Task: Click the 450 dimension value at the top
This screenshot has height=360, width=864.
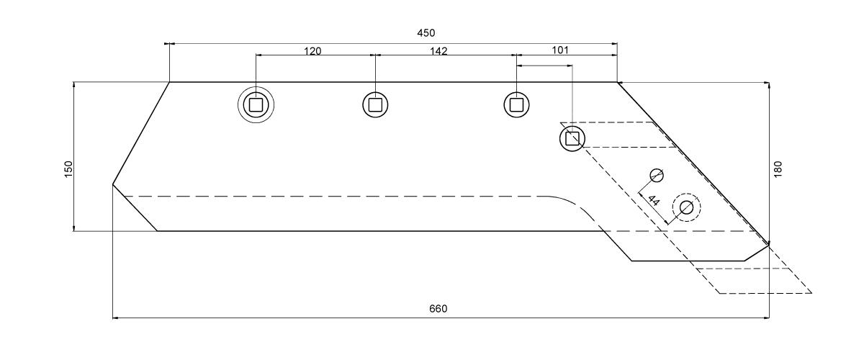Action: (x=426, y=33)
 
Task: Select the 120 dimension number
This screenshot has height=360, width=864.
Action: (x=312, y=51)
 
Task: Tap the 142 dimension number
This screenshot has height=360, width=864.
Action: (x=438, y=51)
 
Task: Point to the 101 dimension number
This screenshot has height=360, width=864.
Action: (x=560, y=50)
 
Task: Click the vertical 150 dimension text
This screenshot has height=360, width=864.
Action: (x=68, y=169)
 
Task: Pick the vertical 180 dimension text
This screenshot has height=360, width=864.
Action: (x=778, y=169)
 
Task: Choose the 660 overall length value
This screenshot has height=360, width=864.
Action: (x=438, y=309)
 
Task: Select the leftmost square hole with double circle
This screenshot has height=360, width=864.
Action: (x=256, y=104)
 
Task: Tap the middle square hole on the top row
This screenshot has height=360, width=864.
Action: (x=375, y=104)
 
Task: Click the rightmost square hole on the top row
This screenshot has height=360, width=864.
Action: (x=516, y=104)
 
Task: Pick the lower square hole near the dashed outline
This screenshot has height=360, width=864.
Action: (x=572, y=138)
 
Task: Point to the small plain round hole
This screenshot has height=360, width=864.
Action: (x=657, y=175)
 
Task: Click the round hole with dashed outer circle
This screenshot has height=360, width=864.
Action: (x=687, y=207)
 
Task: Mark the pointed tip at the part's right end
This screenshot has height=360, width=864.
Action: (x=769, y=245)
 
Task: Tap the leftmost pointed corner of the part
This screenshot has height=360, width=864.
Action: (x=112, y=184)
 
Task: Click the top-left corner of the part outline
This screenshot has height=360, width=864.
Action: (x=170, y=82)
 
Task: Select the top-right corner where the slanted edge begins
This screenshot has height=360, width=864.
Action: (x=617, y=82)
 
